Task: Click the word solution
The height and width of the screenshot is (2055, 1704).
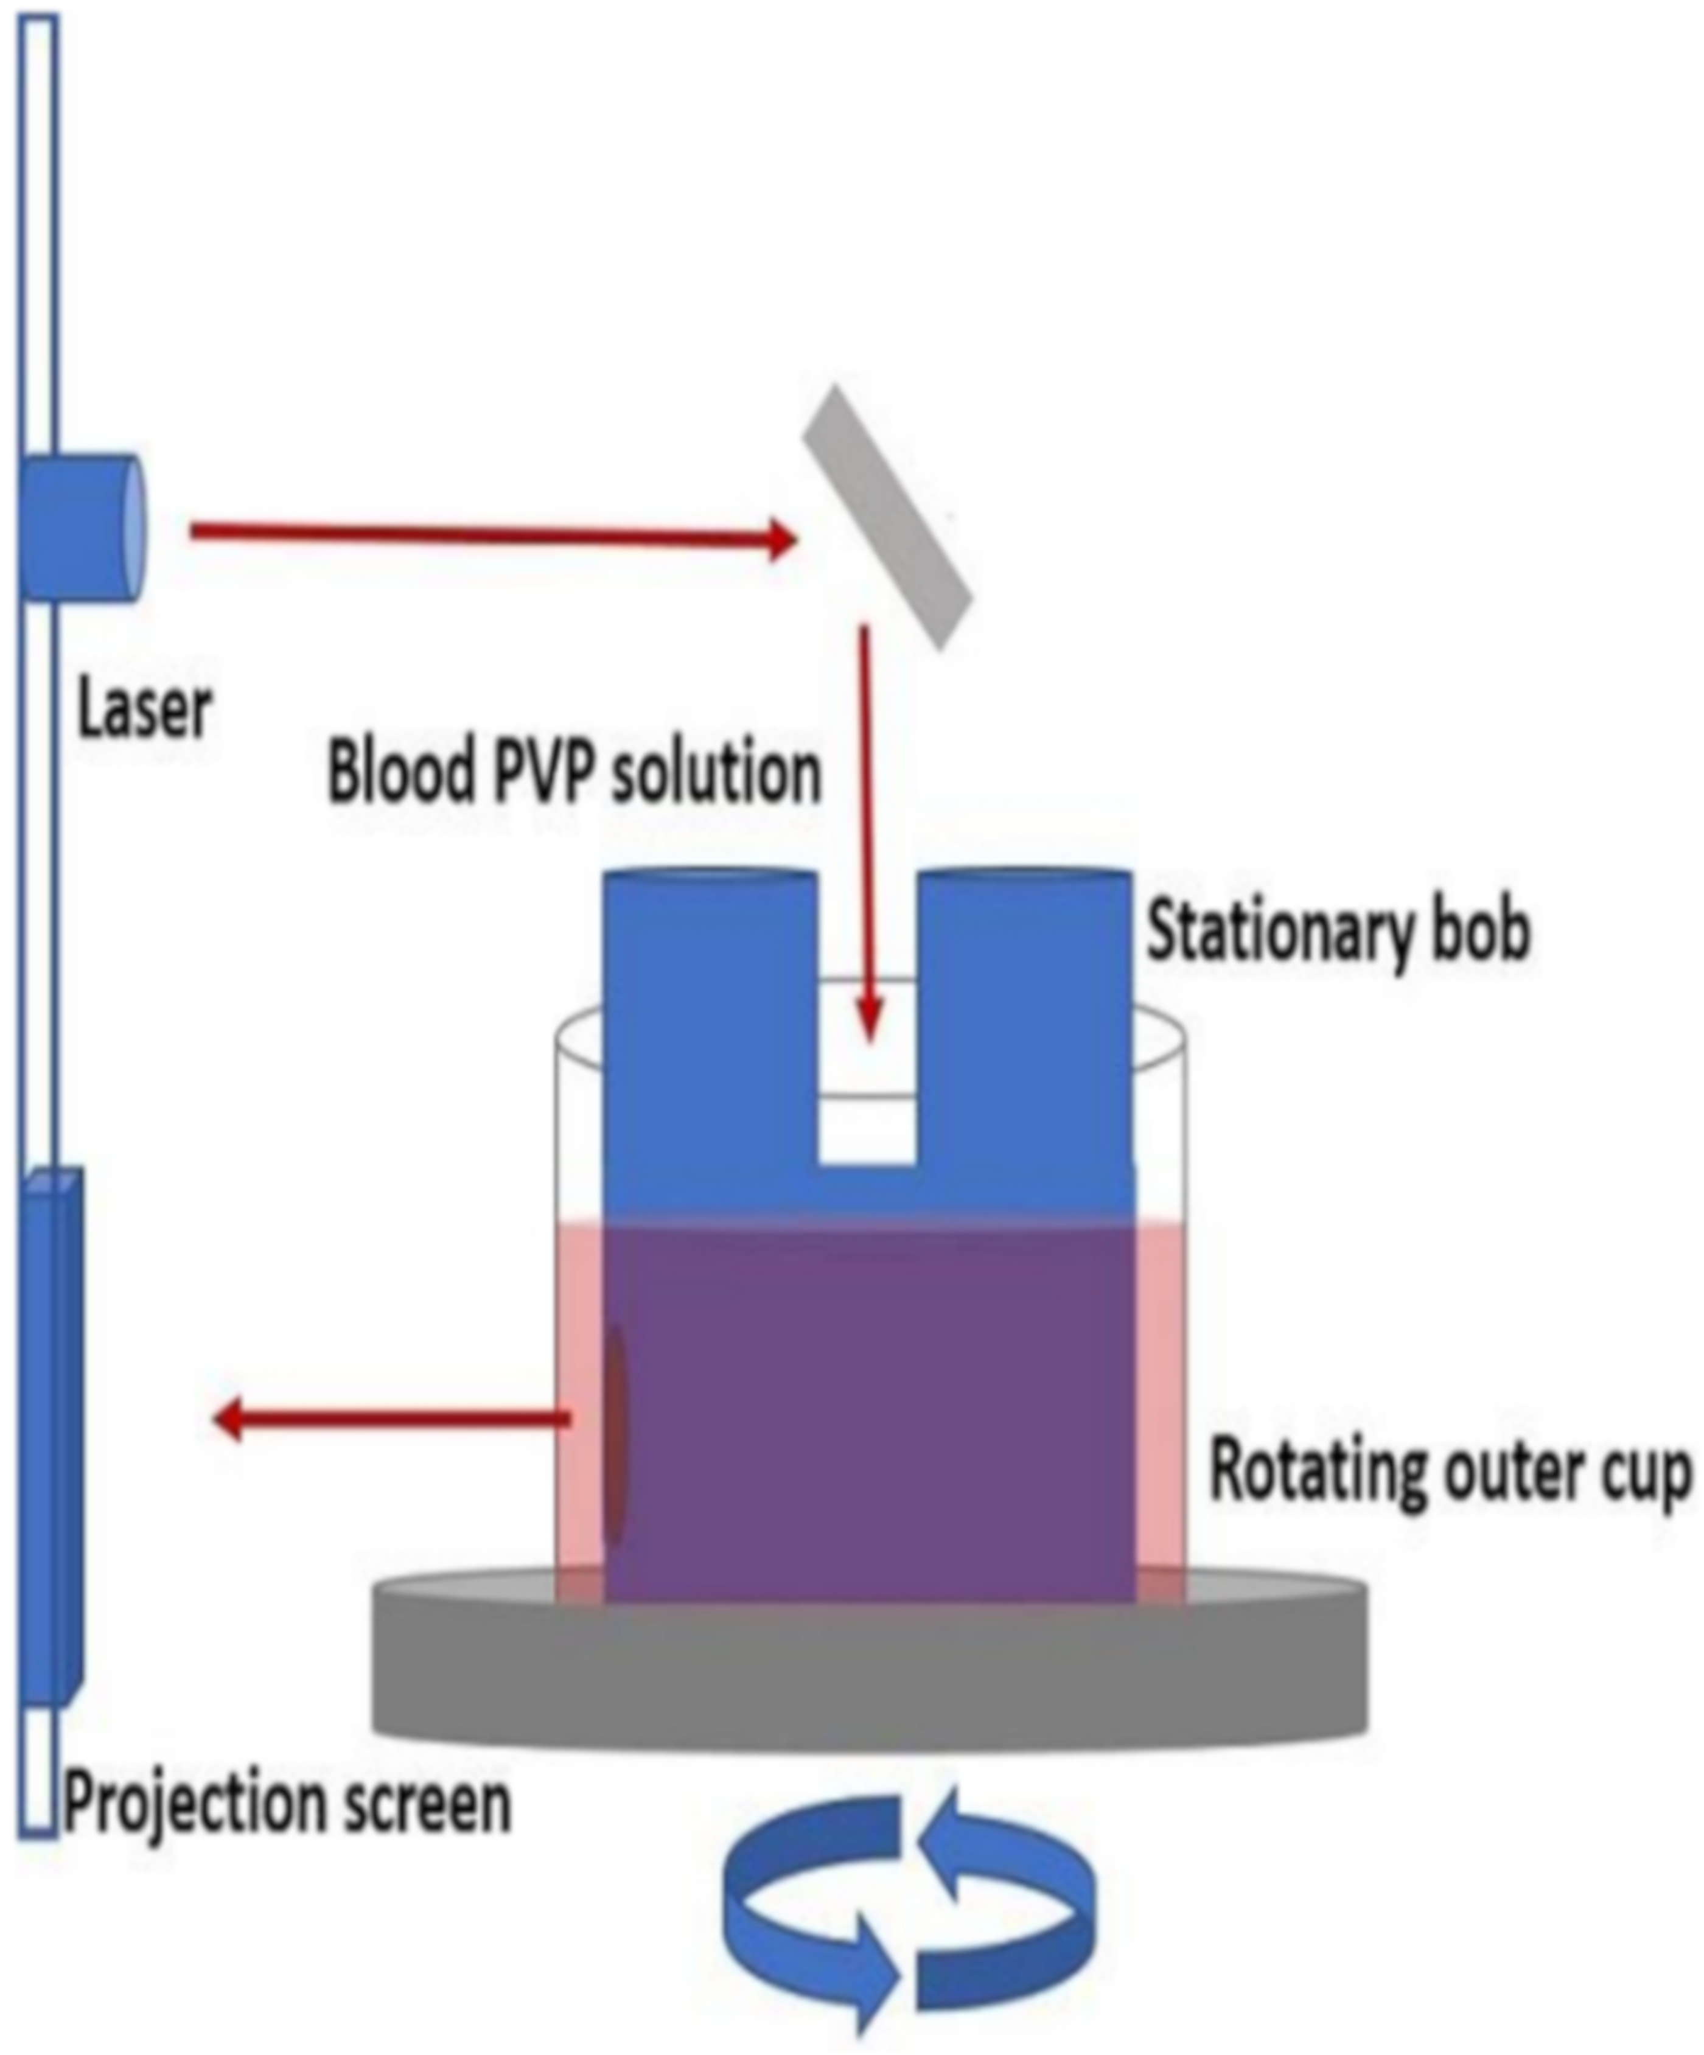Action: point(714,773)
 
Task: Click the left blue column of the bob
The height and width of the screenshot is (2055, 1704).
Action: point(710,1027)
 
